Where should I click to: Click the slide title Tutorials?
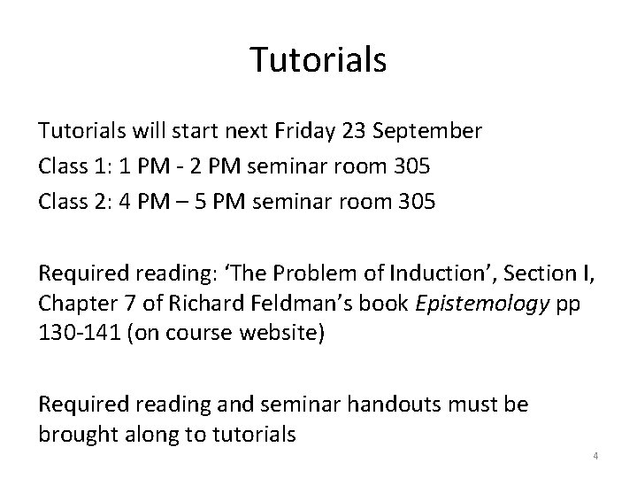pyautogui.click(x=318, y=59)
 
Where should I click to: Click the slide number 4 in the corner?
pyautogui.click(x=595, y=457)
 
